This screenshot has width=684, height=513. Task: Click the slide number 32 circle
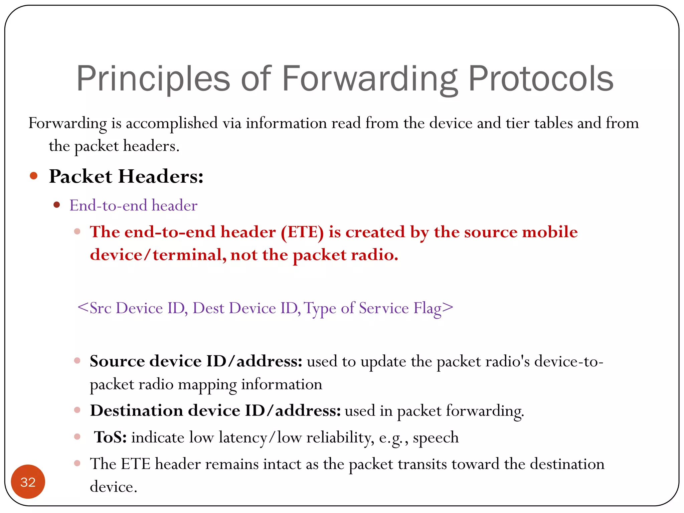tap(28, 482)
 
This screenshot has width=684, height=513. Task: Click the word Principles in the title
tap(153, 79)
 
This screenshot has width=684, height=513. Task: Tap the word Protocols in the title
tap(541, 79)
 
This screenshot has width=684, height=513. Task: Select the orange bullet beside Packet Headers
tap(33, 176)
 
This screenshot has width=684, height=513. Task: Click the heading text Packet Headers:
tap(126, 176)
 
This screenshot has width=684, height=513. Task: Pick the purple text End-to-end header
tap(133, 205)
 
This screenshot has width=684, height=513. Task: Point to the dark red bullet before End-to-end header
tap(57, 205)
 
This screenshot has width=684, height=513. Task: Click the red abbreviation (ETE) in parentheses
tap(302, 232)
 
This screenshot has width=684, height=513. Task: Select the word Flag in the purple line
tap(427, 308)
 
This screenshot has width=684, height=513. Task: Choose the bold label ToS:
tap(110, 437)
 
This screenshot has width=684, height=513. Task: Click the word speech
tap(436, 438)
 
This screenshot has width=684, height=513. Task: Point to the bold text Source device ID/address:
tap(196, 361)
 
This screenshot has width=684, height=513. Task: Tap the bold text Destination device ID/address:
tap(215, 410)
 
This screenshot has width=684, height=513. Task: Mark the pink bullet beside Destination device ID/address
tap(77, 410)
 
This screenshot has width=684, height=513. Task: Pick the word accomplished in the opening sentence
tap(172, 123)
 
